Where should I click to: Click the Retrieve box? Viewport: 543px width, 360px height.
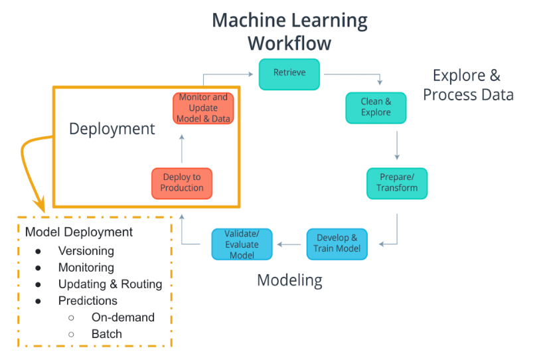coord(289,74)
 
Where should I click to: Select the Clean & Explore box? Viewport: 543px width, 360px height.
coord(376,108)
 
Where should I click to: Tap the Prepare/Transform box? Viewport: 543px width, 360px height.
coord(397,183)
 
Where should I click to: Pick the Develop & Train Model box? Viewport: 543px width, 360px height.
coord(337,244)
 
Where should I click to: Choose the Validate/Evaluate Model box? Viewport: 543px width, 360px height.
coord(242,244)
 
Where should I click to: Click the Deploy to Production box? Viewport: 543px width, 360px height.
coord(182,183)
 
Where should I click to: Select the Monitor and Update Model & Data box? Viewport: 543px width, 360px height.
coord(203,108)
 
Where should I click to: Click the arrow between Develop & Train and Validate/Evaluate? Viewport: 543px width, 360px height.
coord(289,244)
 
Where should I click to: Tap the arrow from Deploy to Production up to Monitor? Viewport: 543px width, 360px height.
coord(182,146)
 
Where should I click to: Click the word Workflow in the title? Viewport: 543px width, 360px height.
coord(289,44)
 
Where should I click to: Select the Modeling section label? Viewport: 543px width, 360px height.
coord(289,280)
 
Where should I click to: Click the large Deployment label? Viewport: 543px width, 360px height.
coord(112,129)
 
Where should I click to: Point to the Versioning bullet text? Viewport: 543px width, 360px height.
coord(86,251)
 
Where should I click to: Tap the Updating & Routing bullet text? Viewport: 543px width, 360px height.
coord(110,284)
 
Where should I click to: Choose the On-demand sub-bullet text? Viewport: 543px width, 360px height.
coord(123,317)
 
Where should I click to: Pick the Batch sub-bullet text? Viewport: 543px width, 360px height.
coord(107,334)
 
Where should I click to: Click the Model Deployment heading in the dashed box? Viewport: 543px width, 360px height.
coord(79,232)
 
